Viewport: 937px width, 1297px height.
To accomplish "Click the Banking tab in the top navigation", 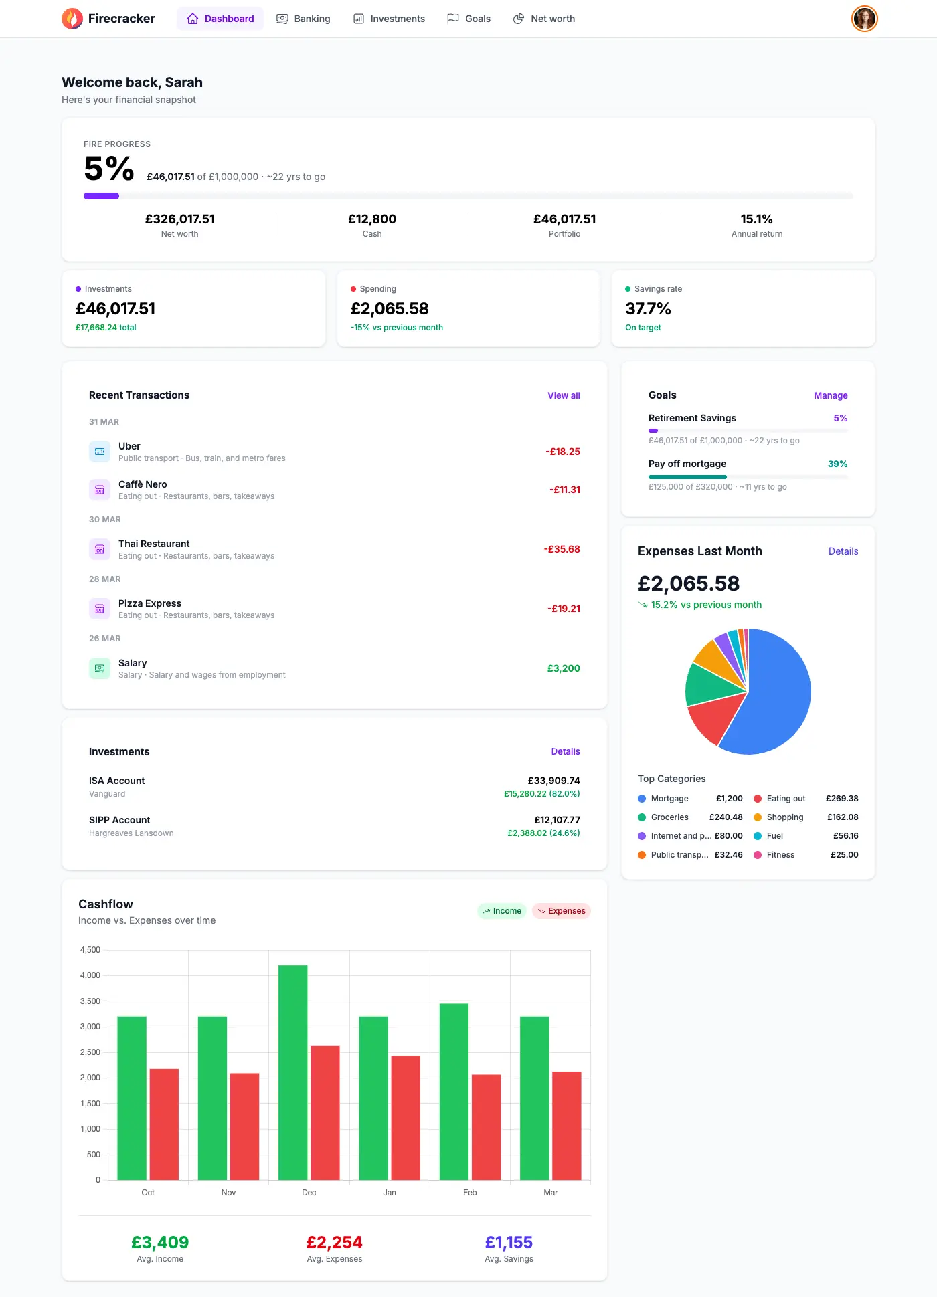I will coord(304,19).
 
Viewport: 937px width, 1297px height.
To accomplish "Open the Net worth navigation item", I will coord(544,19).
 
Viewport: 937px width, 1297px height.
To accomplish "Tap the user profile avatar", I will coord(864,19).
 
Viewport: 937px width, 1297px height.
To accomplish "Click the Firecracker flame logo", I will coord(72,19).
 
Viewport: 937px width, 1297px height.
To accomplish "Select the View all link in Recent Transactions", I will coord(564,395).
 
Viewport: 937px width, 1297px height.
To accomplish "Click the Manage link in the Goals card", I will coord(830,395).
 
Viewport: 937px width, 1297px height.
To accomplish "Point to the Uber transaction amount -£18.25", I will coord(562,452).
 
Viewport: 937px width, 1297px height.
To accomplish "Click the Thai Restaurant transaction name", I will coord(154,544).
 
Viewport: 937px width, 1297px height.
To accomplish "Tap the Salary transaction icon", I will coord(100,668).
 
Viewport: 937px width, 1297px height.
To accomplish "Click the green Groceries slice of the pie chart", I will coord(707,686).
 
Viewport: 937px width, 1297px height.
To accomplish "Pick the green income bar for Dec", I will coord(293,1070).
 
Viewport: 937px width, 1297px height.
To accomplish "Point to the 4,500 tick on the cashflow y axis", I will coord(90,950).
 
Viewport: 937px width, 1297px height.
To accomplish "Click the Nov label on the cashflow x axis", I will coord(228,1193).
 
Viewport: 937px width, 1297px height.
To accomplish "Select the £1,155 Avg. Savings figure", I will coord(509,1242).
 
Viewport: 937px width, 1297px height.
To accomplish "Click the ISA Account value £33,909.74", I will coord(553,781).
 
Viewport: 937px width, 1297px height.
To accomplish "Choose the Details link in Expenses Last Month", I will coord(843,551).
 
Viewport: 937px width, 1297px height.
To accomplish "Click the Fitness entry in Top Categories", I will coord(780,855).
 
